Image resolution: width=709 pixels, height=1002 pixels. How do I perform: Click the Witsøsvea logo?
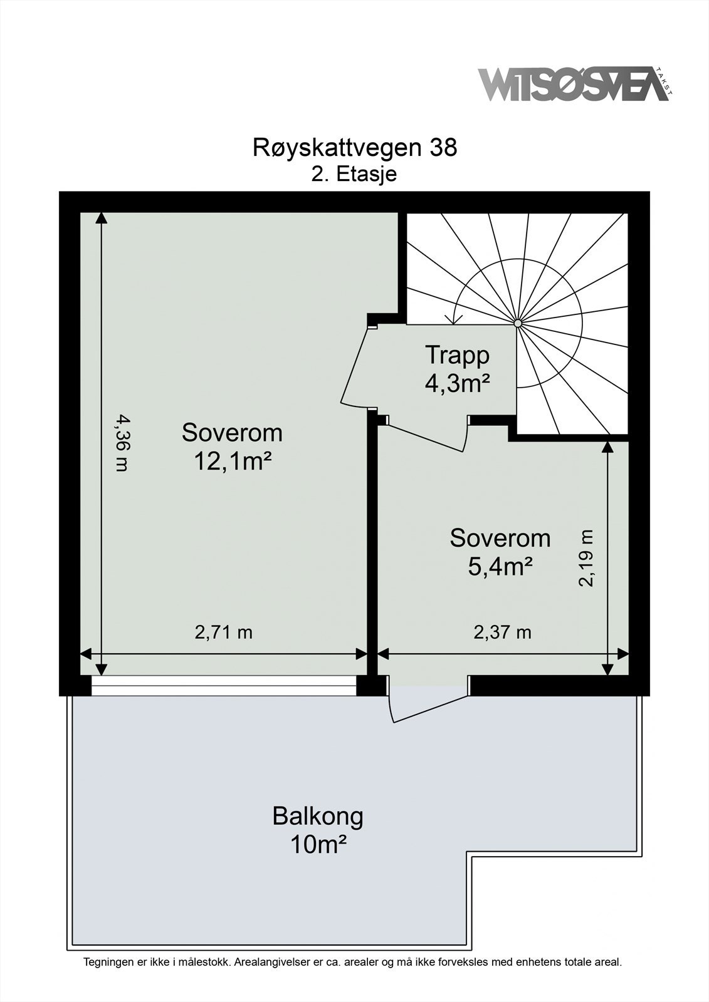coord(574,84)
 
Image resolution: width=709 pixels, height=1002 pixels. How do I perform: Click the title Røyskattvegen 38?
coord(355,148)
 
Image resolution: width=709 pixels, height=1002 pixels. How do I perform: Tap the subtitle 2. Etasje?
coord(354,174)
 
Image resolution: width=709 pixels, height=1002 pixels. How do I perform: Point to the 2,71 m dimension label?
coord(224,633)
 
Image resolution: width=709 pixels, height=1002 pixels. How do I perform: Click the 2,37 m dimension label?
coord(502,633)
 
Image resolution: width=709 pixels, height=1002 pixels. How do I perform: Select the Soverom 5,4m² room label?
coord(500,552)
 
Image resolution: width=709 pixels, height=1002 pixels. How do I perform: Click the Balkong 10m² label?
coord(318,830)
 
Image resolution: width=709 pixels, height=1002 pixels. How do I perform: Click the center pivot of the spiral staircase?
coord(518,323)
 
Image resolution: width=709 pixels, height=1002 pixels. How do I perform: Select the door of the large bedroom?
coord(357,369)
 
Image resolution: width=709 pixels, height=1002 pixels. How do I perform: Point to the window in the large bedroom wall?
coord(224,686)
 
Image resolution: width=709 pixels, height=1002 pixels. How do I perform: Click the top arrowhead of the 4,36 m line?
coord(102,218)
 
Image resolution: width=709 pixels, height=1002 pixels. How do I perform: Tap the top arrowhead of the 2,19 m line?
coord(607,447)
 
